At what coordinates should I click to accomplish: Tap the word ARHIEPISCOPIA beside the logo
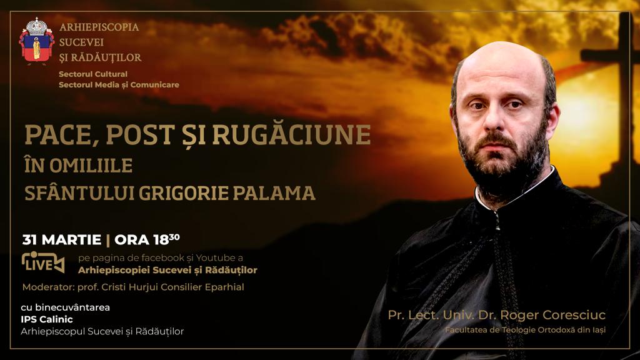click(x=99, y=27)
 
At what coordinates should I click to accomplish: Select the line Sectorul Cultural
click(x=93, y=74)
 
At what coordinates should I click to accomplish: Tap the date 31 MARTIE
click(x=62, y=240)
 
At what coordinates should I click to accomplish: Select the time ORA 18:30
click(x=147, y=239)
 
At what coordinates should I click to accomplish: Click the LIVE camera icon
click(x=43, y=262)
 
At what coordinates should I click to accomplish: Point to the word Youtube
click(x=216, y=258)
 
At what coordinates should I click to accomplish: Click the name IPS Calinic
click(x=47, y=319)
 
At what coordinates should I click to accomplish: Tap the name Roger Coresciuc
click(x=553, y=315)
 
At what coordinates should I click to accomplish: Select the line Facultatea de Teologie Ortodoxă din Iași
click(x=525, y=330)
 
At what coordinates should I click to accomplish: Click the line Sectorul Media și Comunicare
click(x=119, y=85)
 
